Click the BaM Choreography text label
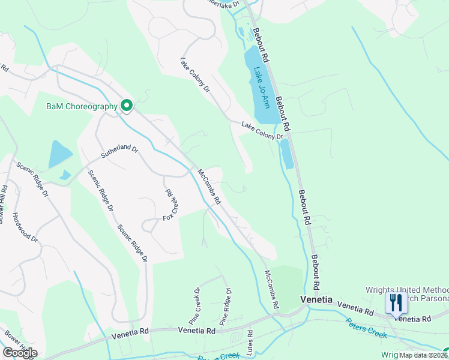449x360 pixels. tap(82, 107)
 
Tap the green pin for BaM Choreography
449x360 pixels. tap(127, 106)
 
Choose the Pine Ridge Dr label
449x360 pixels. tap(226, 305)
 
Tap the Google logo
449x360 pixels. tap(20, 352)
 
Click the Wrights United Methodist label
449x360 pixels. tap(407, 290)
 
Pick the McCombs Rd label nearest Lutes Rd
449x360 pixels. tap(272, 289)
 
